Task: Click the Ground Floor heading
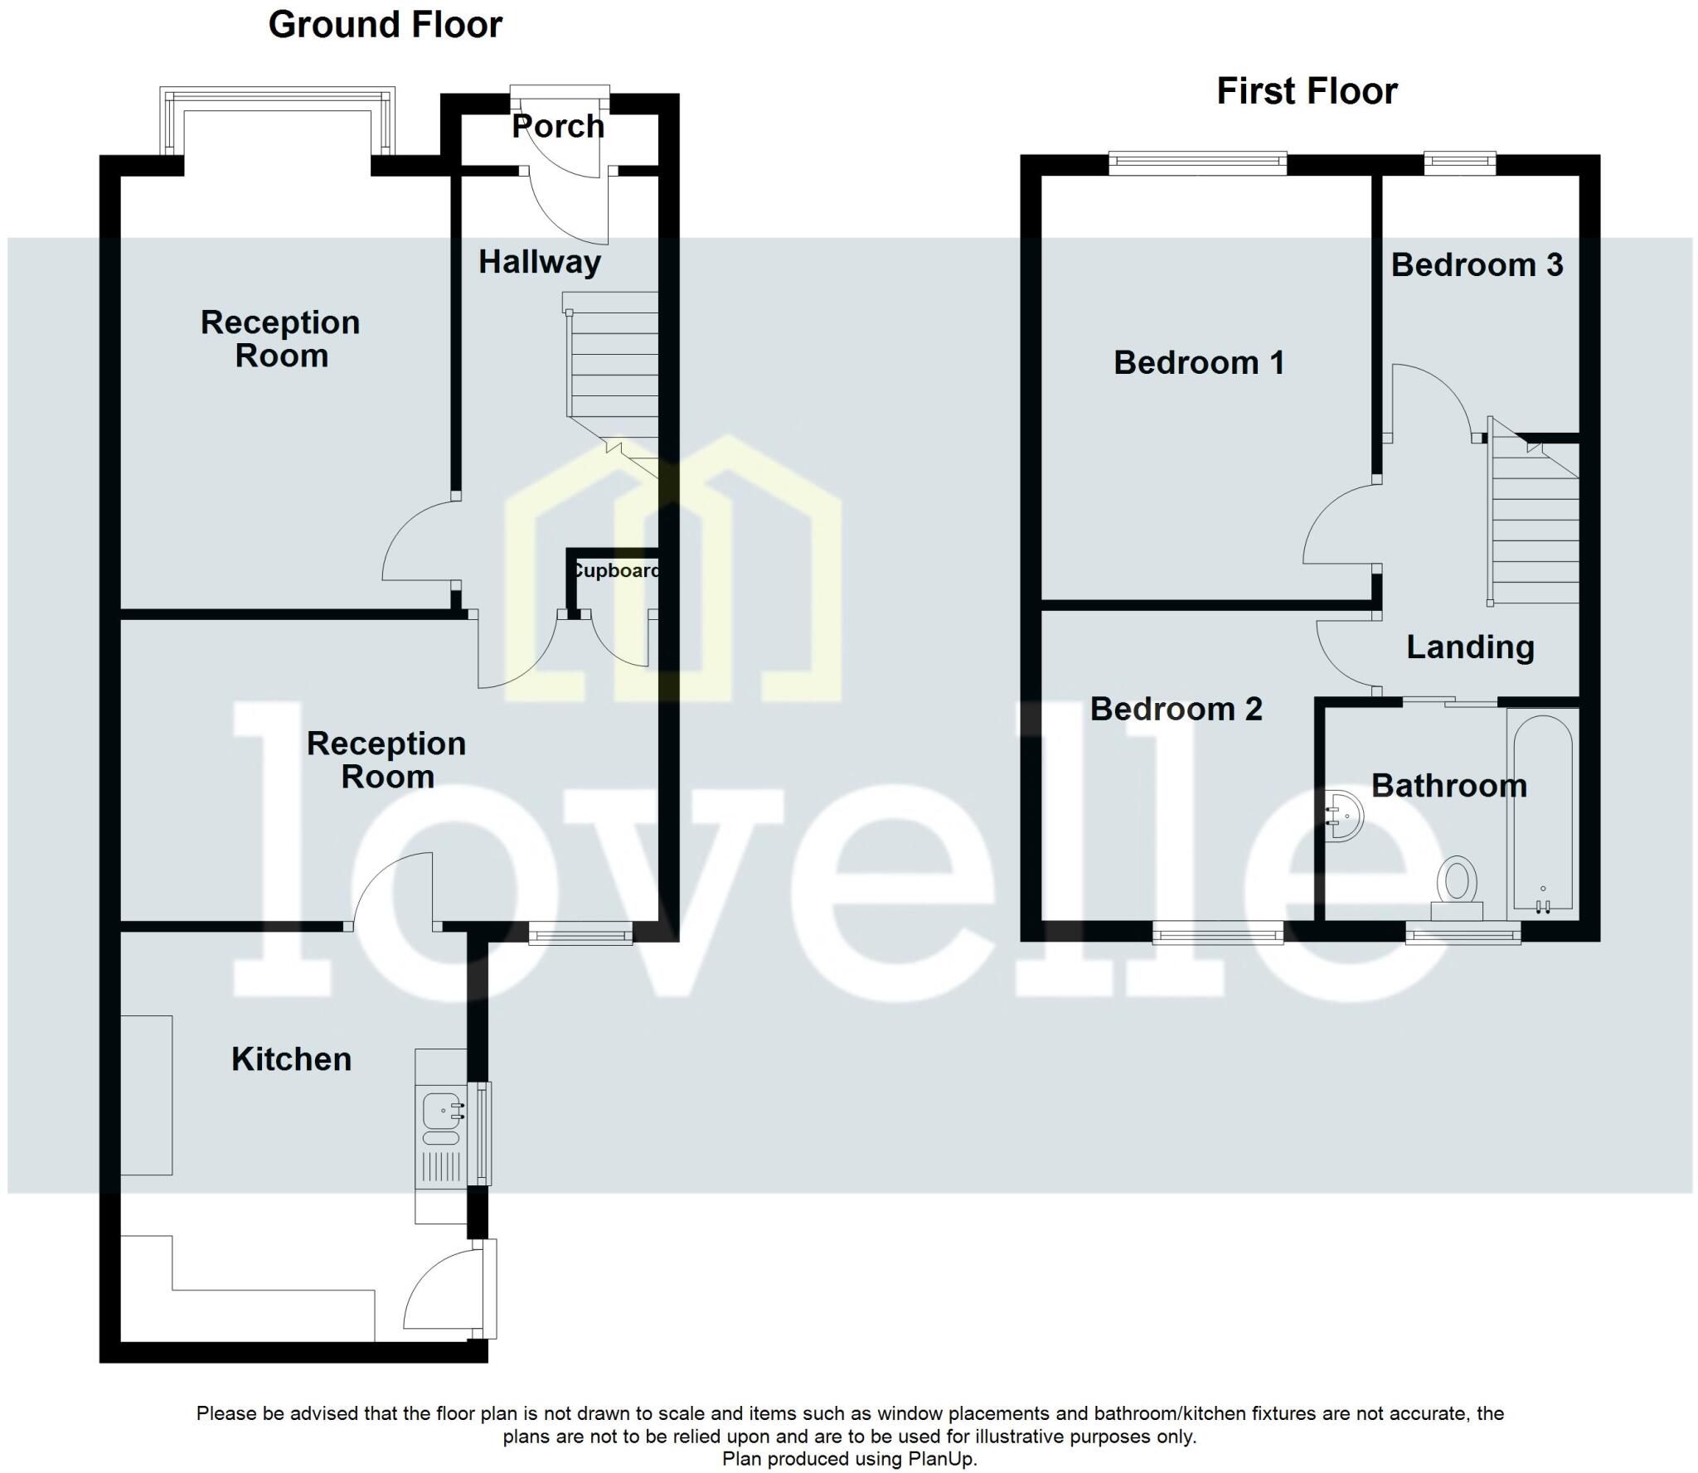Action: coord(385,25)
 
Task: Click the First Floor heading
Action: coord(1307,91)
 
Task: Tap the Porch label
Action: coord(558,127)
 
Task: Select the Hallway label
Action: coord(540,262)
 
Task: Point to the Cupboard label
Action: coord(615,570)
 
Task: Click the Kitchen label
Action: coord(291,1059)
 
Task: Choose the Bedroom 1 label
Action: coord(1199,363)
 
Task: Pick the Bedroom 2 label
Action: coord(1176,710)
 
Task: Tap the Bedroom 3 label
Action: coord(1477,265)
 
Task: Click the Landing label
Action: coord(1470,647)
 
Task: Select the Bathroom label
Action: coord(1448,786)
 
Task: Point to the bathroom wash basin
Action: coord(1344,816)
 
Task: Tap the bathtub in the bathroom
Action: coord(1542,812)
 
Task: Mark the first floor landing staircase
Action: coord(1534,522)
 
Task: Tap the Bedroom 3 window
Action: coord(1460,163)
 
